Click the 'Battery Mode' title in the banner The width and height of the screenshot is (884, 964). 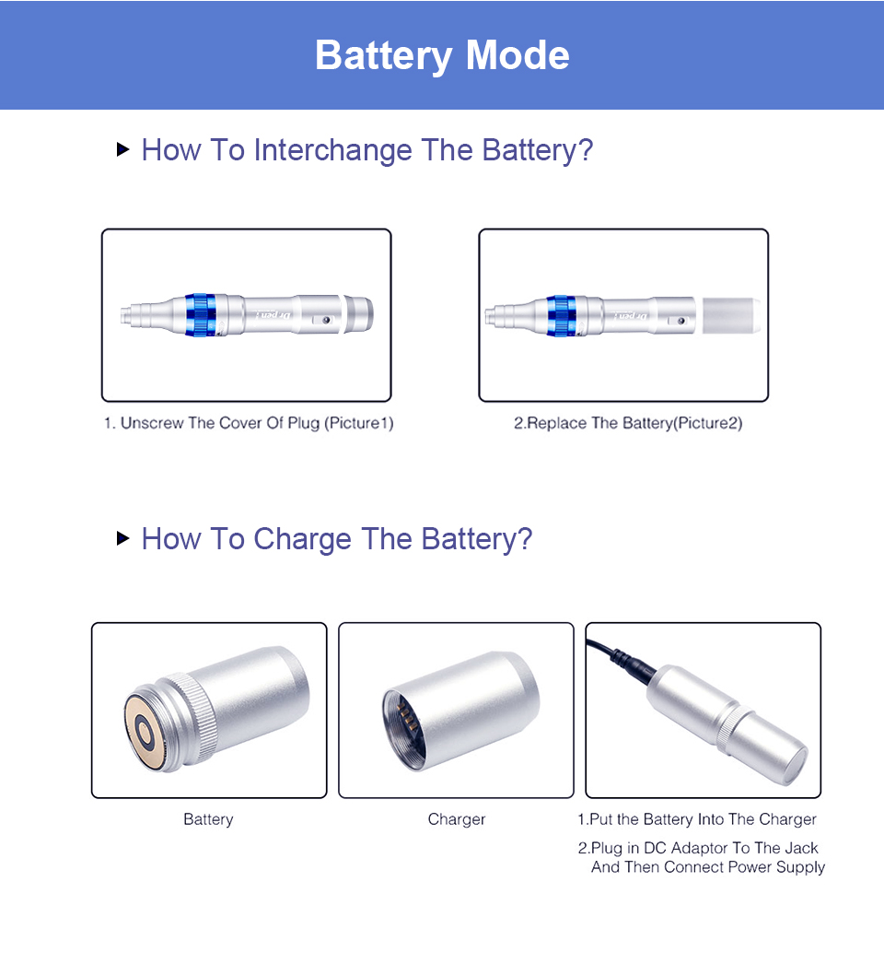coord(442,55)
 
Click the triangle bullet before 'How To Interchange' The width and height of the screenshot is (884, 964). coord(122,148)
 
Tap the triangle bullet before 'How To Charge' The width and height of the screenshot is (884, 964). coord(122,538)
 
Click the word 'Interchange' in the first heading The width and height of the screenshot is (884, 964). coord(333,150)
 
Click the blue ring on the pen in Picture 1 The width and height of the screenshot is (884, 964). coord(200,315)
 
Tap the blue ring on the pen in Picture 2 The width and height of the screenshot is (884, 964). coord(560,316)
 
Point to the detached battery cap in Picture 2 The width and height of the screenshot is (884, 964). coord(731,315)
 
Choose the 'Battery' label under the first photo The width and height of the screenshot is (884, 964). coord(208,819)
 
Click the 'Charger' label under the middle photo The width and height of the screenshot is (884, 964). coord(457,819)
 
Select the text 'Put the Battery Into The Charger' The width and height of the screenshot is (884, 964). coord(703,819)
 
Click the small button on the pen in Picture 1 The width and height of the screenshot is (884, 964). coord(326,320)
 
